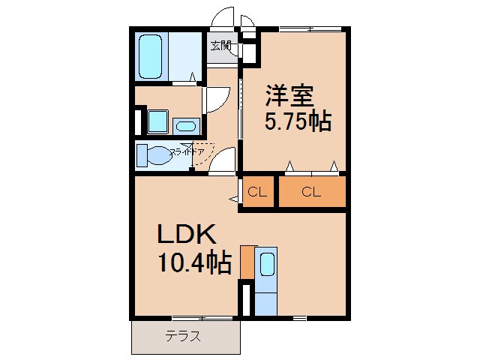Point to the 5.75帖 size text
click(297, 121)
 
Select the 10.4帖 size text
click(193, 263)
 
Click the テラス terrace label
click(183, 337)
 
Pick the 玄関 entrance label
click(220, 46)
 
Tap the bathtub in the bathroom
click(152, 55)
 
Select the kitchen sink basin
click(267, 265)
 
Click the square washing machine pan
click(157, 121)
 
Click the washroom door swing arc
click(216, 100)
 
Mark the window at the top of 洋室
click(315, 29)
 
